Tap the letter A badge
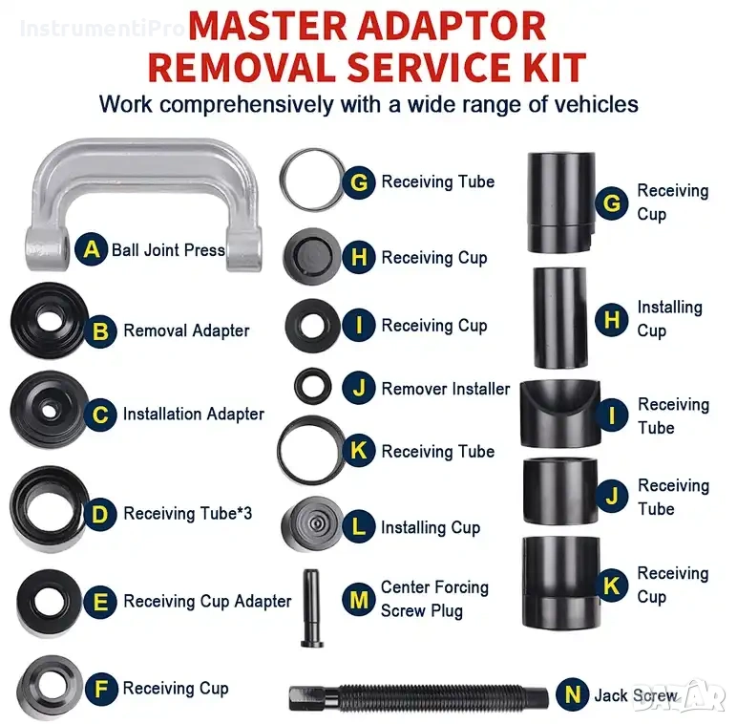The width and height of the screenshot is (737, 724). [92, 249]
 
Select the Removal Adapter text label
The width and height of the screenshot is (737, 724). [186, 330]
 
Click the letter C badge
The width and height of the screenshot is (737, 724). [100, 415]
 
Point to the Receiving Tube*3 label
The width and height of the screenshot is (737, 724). [187, 513]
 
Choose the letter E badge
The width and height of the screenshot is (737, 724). [100, 603]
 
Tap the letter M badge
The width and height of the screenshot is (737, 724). [359, 600]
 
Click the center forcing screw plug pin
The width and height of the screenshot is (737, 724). [311, 608]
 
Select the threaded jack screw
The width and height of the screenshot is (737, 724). [418, 696]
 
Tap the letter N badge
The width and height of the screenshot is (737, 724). [573, 693]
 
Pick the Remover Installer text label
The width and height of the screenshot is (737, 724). [446, 390]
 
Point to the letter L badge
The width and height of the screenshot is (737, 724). [359, 526]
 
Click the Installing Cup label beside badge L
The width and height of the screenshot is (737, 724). [431, 528]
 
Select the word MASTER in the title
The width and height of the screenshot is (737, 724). [269, 27]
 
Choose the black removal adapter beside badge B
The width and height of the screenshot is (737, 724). [50, 321]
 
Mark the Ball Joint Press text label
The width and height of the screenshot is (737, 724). [168, 250]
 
